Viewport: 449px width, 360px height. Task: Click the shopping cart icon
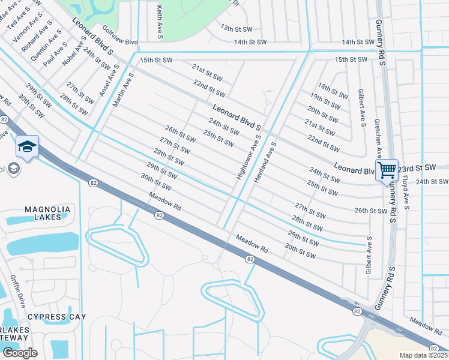coord(387,170)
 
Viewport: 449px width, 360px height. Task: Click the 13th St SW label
coord(234,28)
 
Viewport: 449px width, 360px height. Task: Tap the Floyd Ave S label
coord(405,193)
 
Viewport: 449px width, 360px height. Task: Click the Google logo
coord(19,352)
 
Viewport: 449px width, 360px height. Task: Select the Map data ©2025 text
coord(423,355)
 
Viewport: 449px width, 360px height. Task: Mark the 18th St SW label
coord(333,91)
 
